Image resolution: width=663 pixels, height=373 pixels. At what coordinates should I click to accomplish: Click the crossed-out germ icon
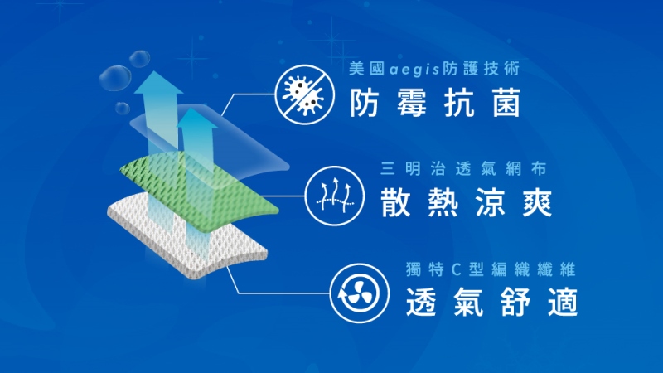[304, 94]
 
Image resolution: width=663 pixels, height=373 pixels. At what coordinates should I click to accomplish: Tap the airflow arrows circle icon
[335, 196]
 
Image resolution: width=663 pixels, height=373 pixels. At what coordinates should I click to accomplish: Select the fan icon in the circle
[359, 293]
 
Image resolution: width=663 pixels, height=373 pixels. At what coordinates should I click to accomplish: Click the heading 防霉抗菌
[435, 103]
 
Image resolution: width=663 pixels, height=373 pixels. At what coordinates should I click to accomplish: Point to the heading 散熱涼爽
[467, 202]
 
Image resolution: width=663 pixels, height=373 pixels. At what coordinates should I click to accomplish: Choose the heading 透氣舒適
[491, 302]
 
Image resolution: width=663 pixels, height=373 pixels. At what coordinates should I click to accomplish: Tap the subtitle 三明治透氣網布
[463, 169]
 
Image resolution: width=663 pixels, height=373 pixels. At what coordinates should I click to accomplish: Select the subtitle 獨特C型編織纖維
[491, 269]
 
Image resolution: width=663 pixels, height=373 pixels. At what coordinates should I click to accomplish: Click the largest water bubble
[115, 78]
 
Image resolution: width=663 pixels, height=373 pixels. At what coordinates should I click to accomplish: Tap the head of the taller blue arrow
[158, 82]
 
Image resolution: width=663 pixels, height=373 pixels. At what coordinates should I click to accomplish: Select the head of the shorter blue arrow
[197, 119]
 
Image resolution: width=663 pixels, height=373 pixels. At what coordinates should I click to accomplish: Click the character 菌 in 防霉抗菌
[506, 103]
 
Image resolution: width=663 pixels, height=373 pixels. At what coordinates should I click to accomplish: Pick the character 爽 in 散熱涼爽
[538, 202]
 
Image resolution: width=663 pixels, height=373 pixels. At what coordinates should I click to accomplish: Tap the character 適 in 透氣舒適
[564, 302]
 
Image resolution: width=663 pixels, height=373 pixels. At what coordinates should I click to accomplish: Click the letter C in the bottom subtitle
[456, 269]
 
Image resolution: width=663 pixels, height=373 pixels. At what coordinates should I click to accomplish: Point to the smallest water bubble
[122, 108]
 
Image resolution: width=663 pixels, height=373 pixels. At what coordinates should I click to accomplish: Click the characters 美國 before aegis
[367, 69]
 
